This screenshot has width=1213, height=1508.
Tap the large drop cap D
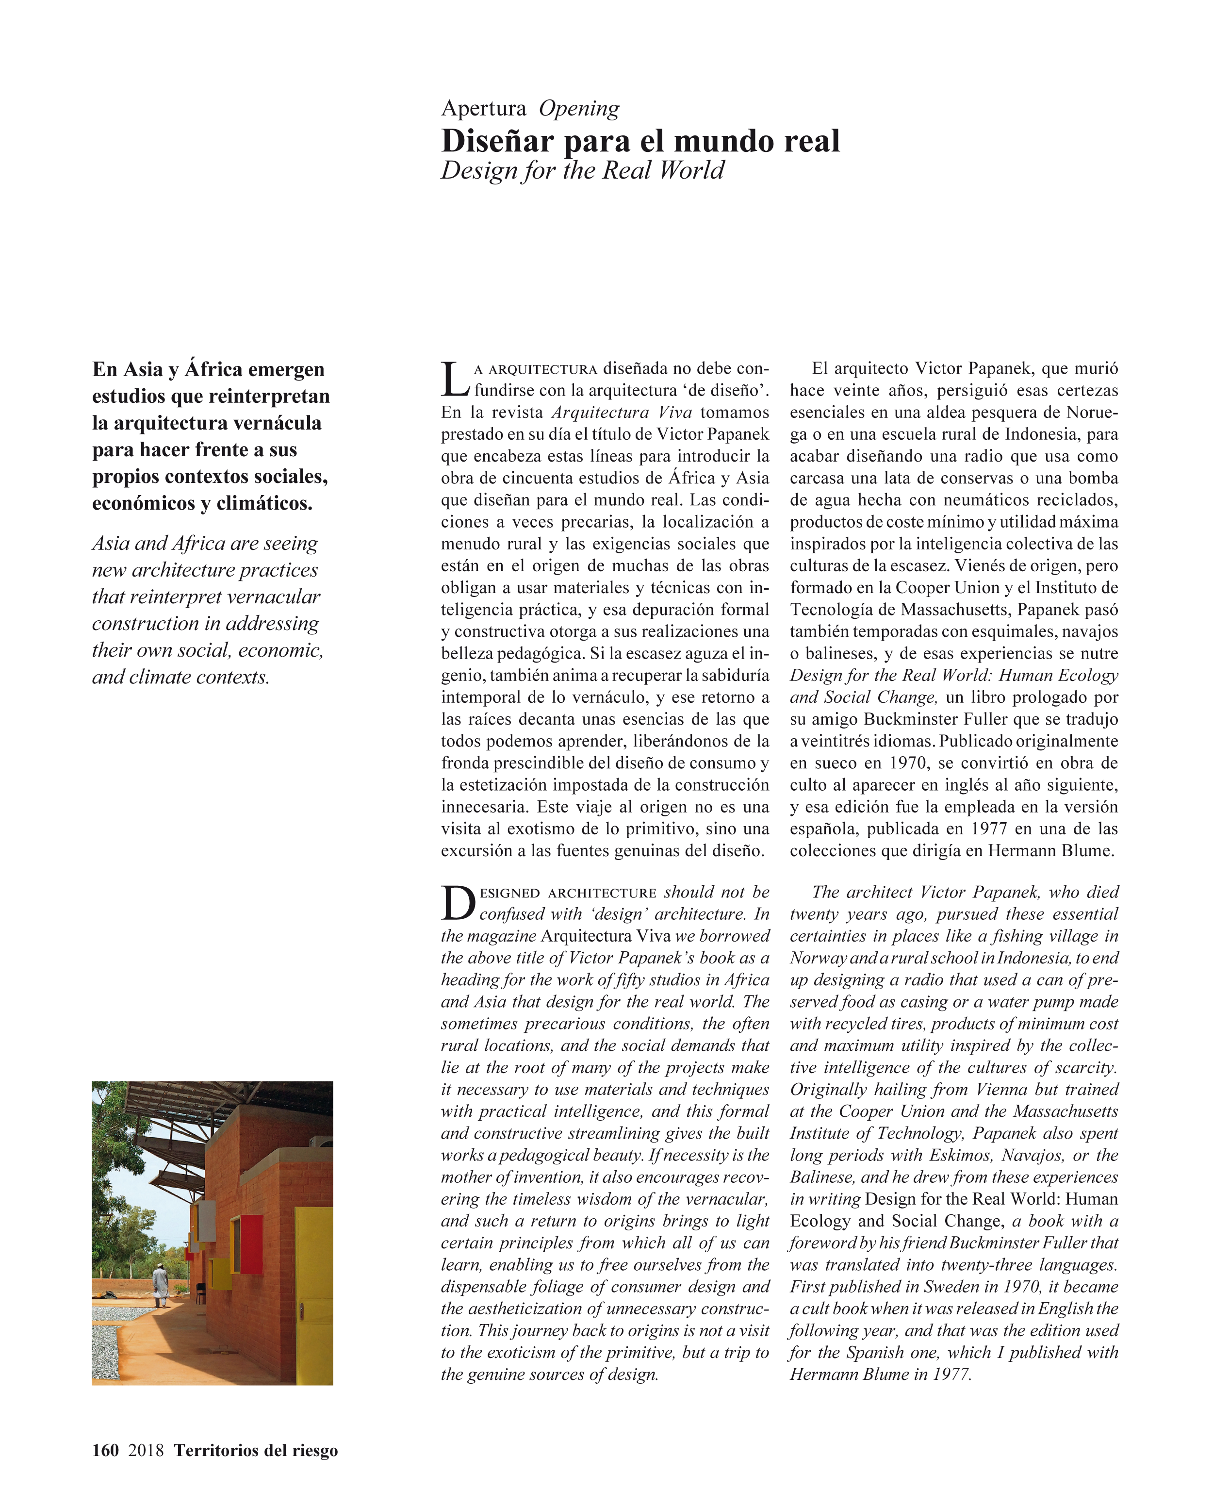pos(458,902)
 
